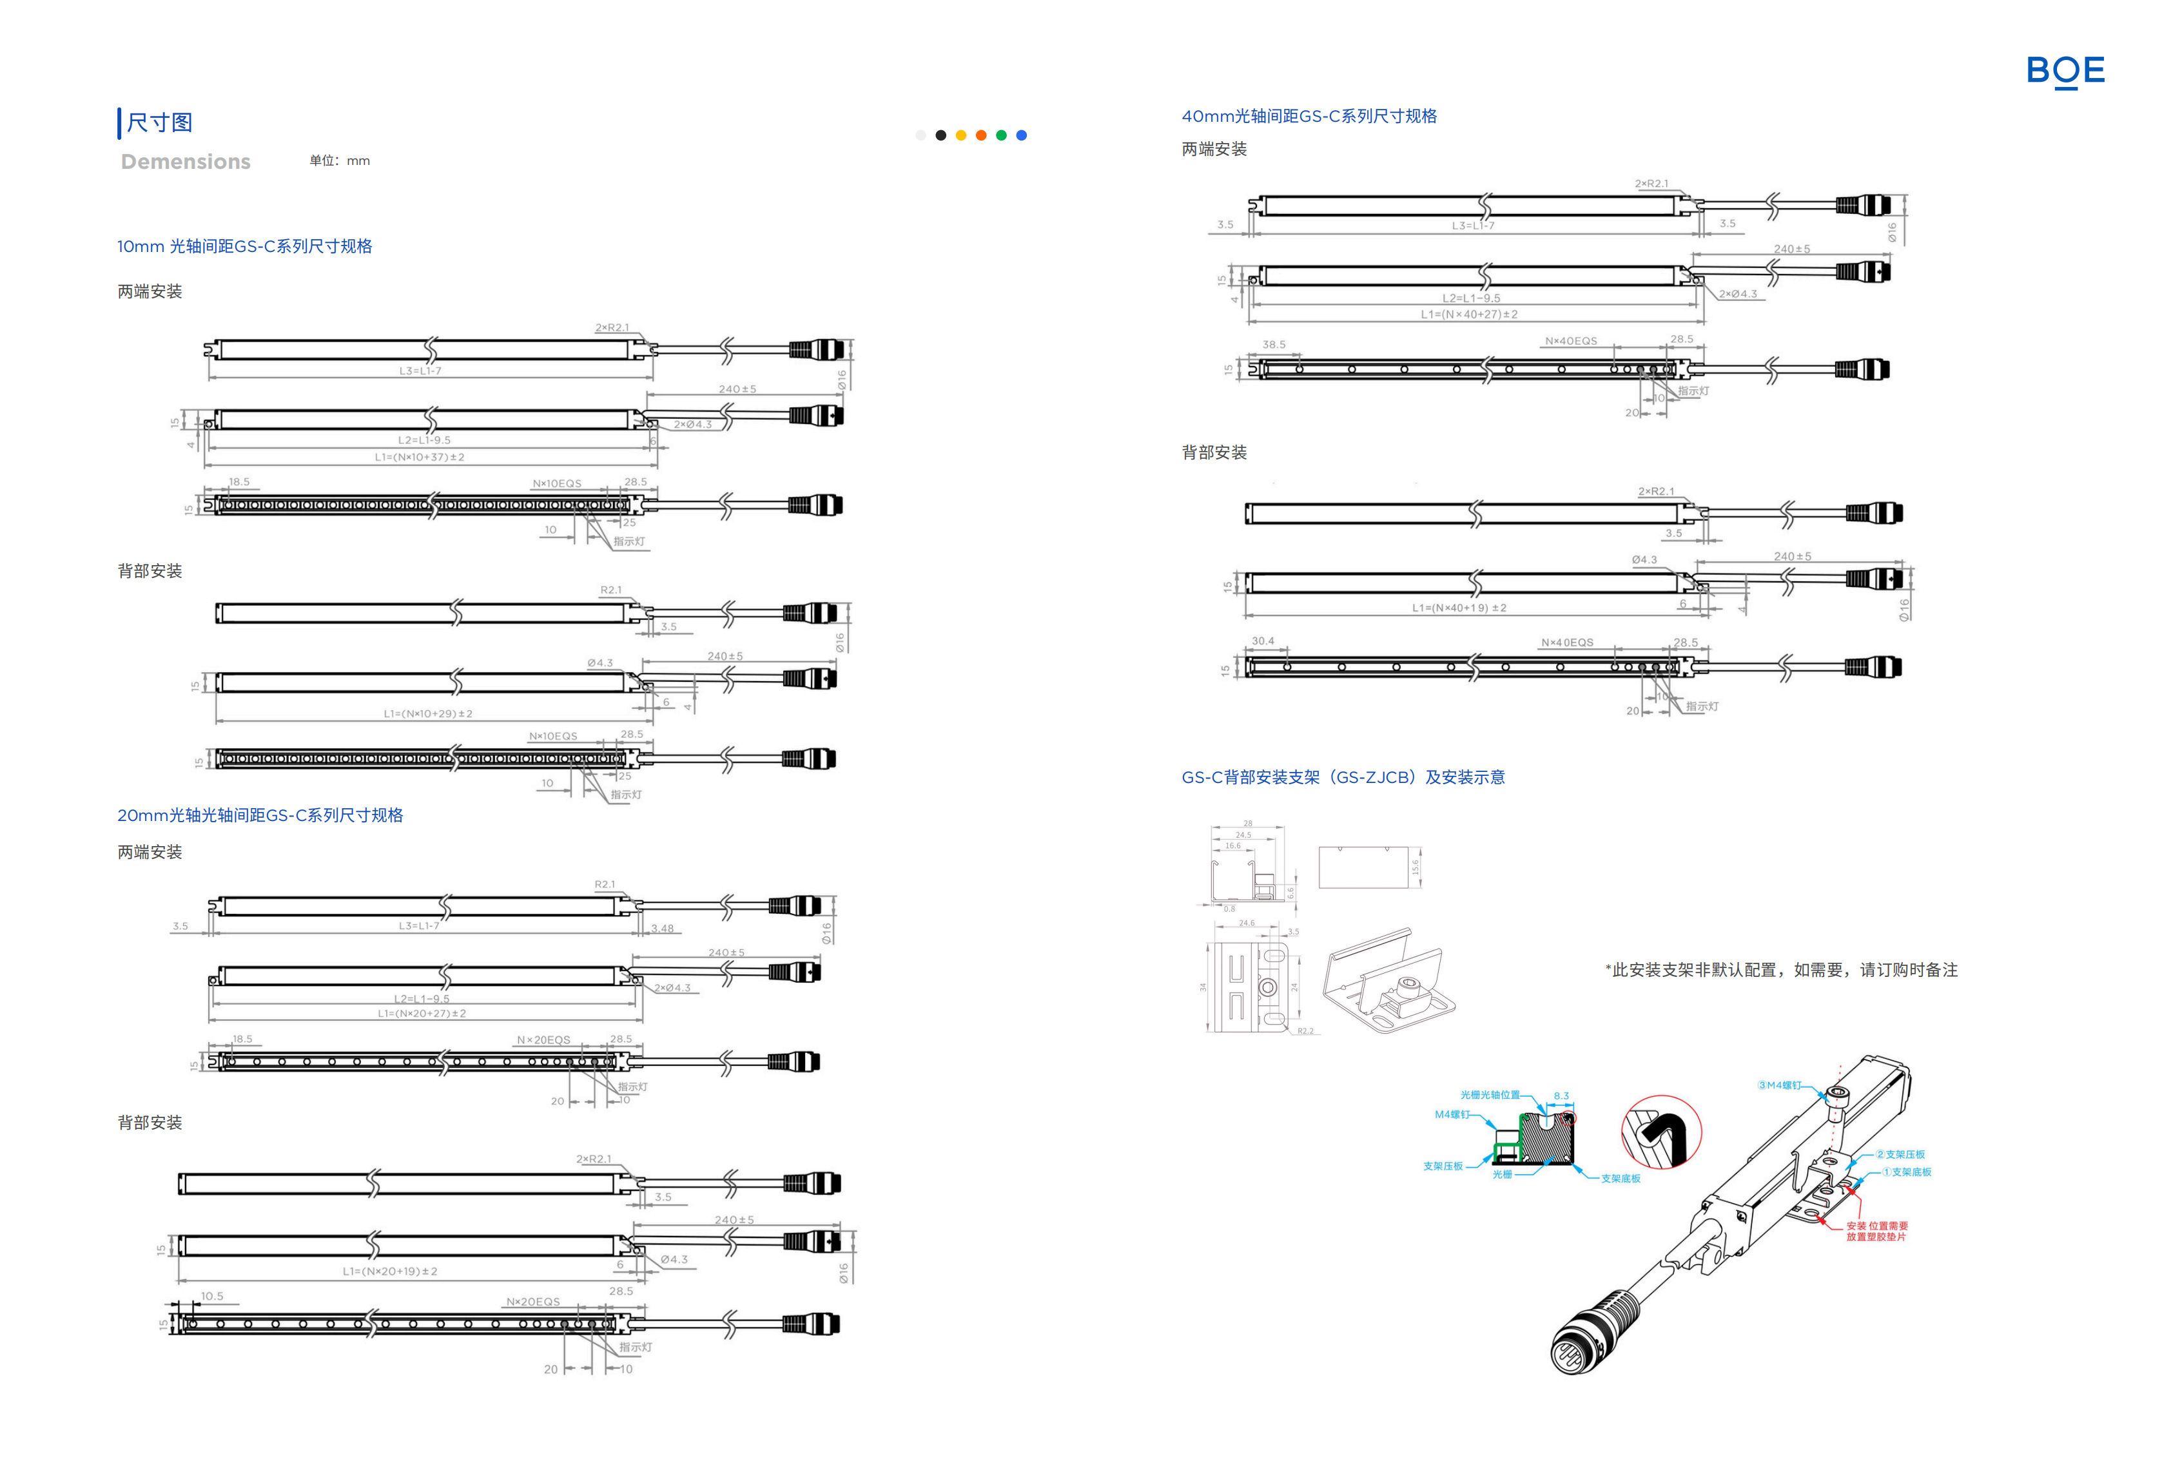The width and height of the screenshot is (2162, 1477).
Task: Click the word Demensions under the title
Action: pyautogui.click(x=185, y=162)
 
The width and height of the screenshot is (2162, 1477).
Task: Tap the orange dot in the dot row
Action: pyautogui.click(x=980, y=136)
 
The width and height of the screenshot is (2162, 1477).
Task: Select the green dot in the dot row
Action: pyautogui.click(x=1001, y=136)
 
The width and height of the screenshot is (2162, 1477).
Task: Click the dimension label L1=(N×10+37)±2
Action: pyautogui.click(x=420, y=458)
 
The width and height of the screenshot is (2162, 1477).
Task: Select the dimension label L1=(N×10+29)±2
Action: pyautogui.click(x=428, y=714)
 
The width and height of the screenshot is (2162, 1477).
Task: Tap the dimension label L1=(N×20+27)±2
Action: pyautogui.click(x=422, y=1014)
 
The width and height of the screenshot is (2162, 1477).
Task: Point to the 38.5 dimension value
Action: pyautogui.click(x=1274, y=345)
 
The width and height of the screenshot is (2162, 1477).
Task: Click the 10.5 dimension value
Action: pyautogui.click(x=212, y=1297)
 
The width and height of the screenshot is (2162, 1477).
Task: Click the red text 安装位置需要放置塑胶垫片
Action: pyautogui.click(x=1876, y=1231)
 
